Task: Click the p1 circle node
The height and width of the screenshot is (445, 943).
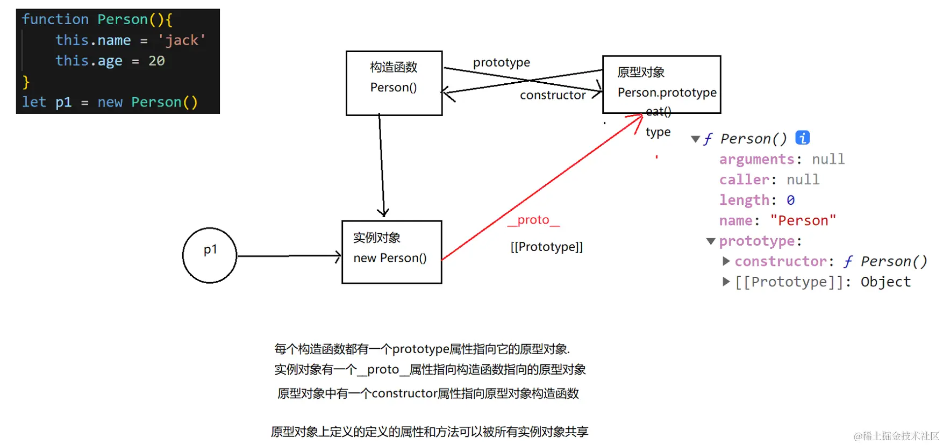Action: [x=210, y=255]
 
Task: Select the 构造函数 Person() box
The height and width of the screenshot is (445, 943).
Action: [x=394, y=83]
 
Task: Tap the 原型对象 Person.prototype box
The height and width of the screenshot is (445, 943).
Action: [x=661, y=84]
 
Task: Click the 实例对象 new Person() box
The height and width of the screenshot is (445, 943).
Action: [x=391, y=252]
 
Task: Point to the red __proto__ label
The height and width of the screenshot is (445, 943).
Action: [x=533, y=220]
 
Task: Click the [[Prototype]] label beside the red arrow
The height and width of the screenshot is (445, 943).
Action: [x=546, y=247]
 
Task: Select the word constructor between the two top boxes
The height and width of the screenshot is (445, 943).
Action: [x=553, y=95]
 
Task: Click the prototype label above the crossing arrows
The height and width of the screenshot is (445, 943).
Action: [x=501, y=62]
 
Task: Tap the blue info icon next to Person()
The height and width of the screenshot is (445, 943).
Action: [x=802, y=138]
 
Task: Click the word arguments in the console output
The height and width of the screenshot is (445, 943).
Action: [x=756, y=159]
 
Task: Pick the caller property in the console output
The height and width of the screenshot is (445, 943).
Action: [x=744, y=180]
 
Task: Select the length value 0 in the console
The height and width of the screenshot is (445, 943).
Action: [x=790, y=200]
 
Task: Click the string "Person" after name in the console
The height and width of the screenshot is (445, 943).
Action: [x=803, y=220]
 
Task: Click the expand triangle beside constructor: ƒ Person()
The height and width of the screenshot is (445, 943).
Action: [x=726, y=261]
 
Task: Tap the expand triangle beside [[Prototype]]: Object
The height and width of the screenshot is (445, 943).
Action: [x=726, y=282]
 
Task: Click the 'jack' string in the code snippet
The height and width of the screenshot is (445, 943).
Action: [x=181, y=40]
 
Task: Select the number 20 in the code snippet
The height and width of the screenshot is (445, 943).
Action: [x=156, y=61]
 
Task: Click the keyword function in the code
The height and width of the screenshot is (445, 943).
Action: [x=55, y=19]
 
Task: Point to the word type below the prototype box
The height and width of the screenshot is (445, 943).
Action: [x=658, y=132]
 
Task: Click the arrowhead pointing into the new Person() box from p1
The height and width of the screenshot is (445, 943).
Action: [x=338, y=256]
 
